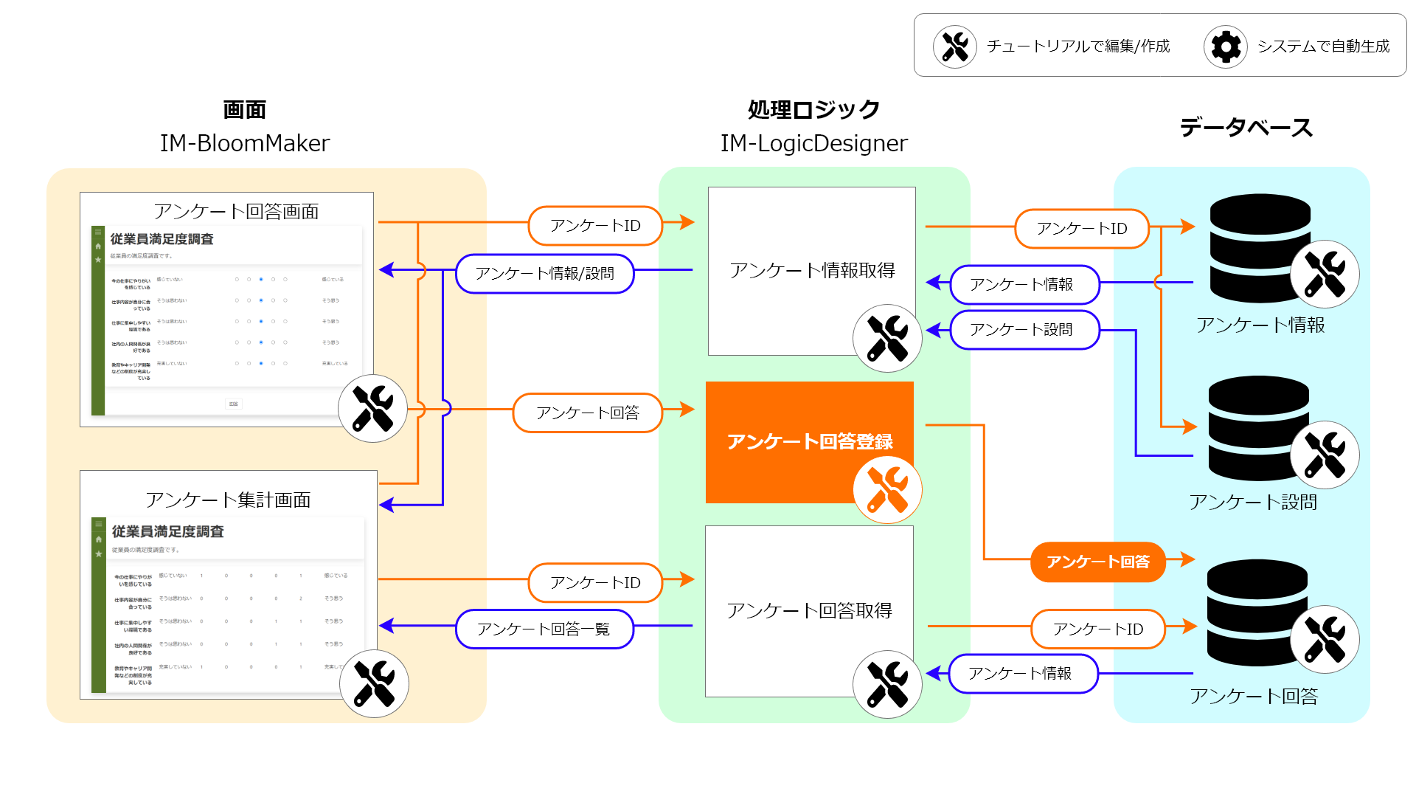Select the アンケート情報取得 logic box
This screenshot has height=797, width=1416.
tap(811, 270)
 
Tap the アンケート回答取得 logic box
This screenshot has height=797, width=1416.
tap(809, 610)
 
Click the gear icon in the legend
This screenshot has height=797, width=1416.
tap(1226, 46)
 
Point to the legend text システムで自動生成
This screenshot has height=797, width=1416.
tap(1323, 46)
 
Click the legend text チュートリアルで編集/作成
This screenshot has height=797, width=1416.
tap(1078, 46)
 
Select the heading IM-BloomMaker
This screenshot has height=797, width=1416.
tap(245, 143)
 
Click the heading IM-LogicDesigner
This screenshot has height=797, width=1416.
tap(813, 143)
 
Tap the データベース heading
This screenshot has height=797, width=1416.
tap(1246, 128)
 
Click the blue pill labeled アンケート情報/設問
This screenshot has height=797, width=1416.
tap(545, 274)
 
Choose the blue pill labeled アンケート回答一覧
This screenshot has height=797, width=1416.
tap(544, 629)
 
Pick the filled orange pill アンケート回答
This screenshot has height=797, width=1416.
tap(1097, 562)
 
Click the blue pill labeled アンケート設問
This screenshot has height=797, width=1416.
tap(1024, 330)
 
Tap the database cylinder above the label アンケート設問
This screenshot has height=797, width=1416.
tap(1258, 428)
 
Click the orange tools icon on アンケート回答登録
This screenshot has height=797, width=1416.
tap(887, 489)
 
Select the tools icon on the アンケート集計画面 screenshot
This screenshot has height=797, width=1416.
tap(374, 683)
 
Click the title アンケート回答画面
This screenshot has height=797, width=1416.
tap(236, 212)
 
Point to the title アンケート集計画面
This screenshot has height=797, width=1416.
tap(228, 500)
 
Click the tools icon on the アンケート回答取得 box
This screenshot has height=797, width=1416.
tap(887, 684)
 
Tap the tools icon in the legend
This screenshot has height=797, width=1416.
tap(955, 46)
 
